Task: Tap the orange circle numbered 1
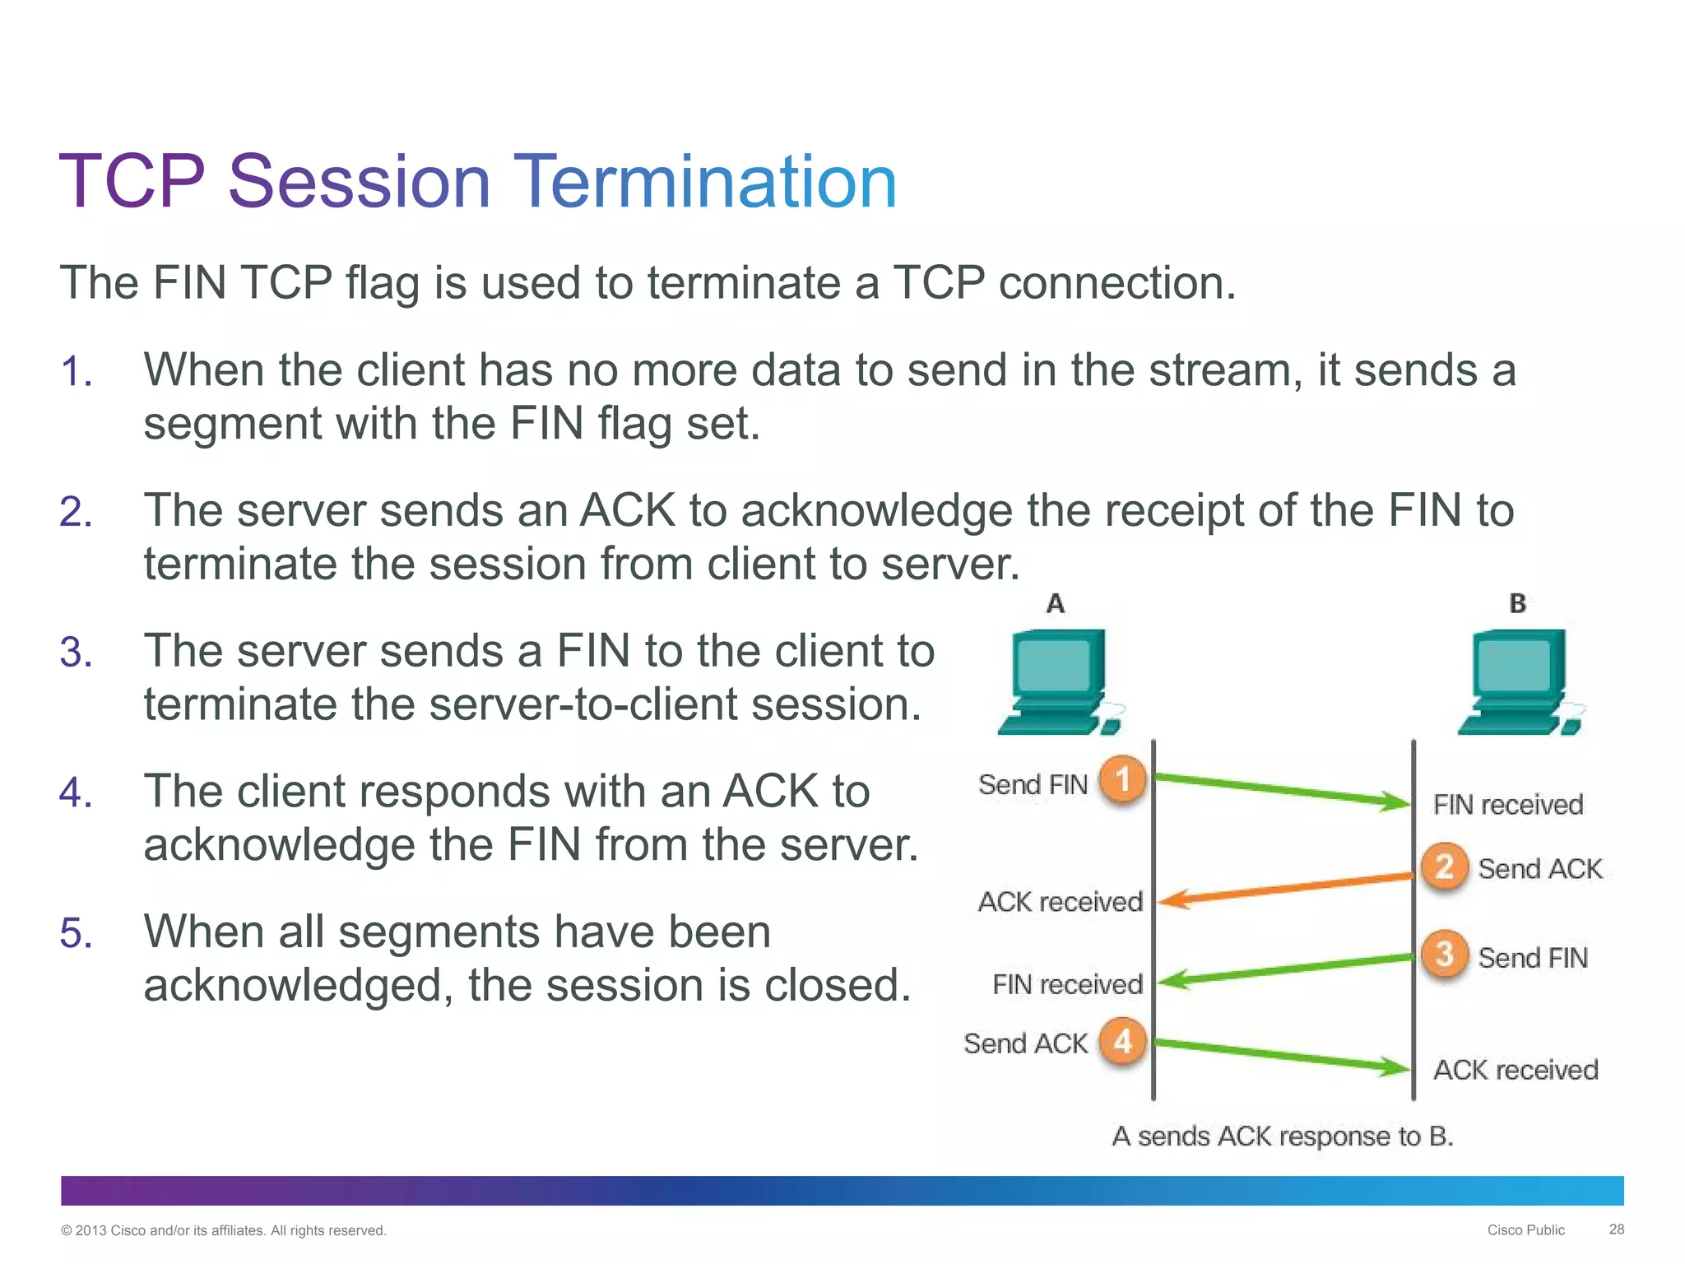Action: (x=1122, y=779)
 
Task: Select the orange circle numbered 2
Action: (x=1444, y=867)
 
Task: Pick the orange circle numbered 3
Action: (x=1444, y=955)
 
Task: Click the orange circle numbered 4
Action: (x=1122, y=1042)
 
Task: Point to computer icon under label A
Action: (x=1057, y=683)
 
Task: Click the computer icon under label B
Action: (x=1519, y=683)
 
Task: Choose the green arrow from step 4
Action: (x=1283, y=1056)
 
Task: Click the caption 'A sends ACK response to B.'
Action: (x=1282, y=1136)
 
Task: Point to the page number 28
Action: (x=1616, y=1229)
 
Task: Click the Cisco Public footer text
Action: (x=1525, y=1230)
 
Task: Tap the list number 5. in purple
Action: (x=76, y=934)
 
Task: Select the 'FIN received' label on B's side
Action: (x=1507, y=805)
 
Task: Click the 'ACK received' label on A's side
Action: (x=1060, y=902)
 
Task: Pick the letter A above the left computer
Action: (x=1056, y=604)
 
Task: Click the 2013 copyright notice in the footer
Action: (x=223, y=1230)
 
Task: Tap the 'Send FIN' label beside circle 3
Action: (x=1532, y=958)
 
